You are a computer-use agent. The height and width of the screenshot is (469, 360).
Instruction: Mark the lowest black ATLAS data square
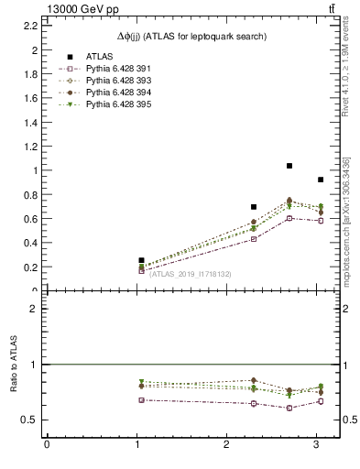(141, 260)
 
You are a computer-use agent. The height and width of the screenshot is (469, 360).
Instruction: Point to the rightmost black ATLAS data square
(320, 180)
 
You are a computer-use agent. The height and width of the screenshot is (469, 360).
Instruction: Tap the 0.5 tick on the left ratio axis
(29, 420)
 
